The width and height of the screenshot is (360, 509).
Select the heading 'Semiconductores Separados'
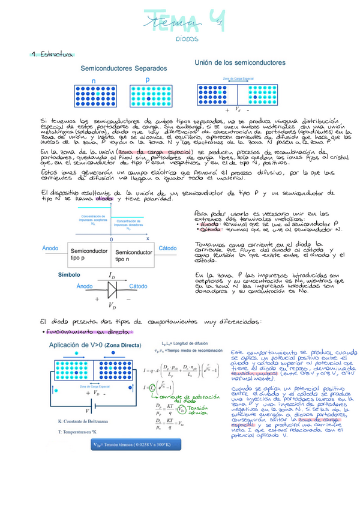(124, 68)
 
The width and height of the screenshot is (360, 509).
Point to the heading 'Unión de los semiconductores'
(240, 62)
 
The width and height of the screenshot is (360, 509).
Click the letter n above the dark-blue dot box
(94, 80)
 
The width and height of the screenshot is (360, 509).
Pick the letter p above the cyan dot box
(147, 79)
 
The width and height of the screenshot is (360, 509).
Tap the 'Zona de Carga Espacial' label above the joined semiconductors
(238, 79)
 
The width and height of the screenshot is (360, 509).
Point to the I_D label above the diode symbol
(112, 276)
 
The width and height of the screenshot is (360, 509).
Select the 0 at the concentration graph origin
(111, 238)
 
